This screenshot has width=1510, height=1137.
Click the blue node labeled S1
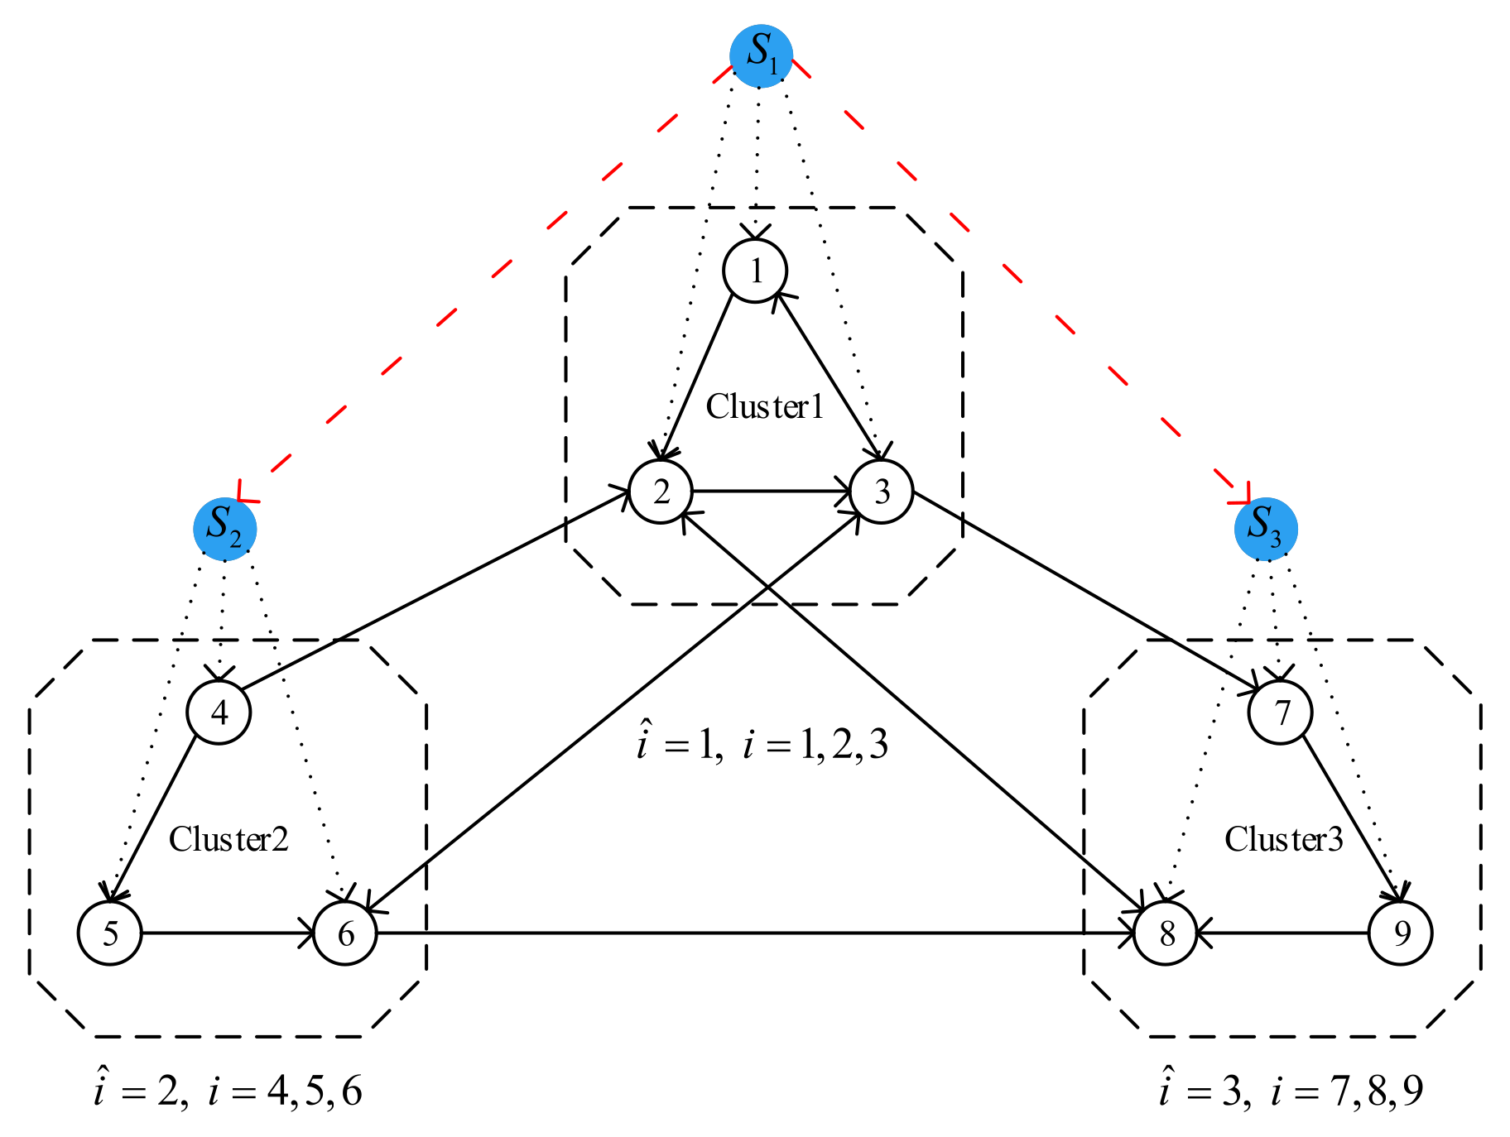pyautogui.click(x=761, y=56)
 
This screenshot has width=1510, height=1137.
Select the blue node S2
pyautogui.click(x=224, y=529)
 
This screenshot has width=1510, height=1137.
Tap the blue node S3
pyautogui.click(x=1265, y=529)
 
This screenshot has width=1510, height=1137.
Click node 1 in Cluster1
pyautogui.click(x=755, y=271)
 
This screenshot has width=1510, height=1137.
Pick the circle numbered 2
pyautogui.click(x=661, y=492)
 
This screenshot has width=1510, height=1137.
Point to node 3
pyautogui.click(x=882, y=492)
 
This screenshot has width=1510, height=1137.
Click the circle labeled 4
pyautogui.click(x=219, y=712)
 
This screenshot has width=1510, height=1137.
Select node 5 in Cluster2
pyautogui.click(x=110, y=933)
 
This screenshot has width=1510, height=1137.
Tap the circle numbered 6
pyautogui.click(x=345, y=933)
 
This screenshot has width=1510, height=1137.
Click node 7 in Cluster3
pyautogui.click(x=1281, y=712)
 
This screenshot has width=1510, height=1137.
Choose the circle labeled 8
pyautogui.click(x=1166, y=933)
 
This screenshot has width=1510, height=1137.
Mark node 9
pyautogui.click(x=1401, y=933)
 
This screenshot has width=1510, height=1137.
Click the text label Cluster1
pyautogui.click(x=765, y=406)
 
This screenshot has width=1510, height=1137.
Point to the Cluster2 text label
pyautogui.click(x=228, y=839)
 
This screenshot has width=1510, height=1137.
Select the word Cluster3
pyautogui.click(x=1283, y=839)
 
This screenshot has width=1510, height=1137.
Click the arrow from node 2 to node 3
pyautogui.click(x=770, y=492)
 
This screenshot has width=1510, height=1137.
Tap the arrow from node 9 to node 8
pyautogui.click(x=1283, y=933)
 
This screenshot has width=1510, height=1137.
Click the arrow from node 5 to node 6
pyautogui.click(x=228, y=933)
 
